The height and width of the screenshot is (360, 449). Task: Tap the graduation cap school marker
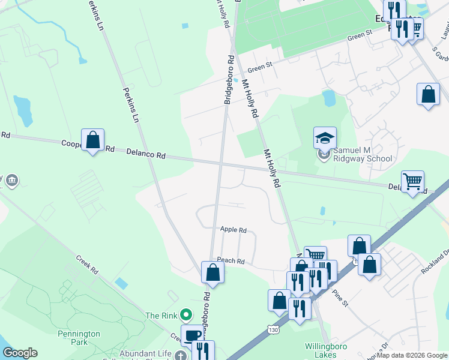point(325,139)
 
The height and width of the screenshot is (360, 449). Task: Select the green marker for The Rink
point(186,314)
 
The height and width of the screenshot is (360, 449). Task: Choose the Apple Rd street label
point(234,230)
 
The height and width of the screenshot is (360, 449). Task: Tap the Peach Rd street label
point(231,261)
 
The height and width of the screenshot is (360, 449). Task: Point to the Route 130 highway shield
point(274,330)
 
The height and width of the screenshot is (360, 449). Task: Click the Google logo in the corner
point(20,353)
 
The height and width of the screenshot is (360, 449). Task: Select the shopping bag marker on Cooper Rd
point(93,141)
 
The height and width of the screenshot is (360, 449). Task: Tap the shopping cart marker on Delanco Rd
point(412,181)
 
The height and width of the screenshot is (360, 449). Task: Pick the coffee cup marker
point(193,335)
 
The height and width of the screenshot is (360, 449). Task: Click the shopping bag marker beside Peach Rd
point(212,272)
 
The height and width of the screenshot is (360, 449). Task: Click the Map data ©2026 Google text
point(412,355)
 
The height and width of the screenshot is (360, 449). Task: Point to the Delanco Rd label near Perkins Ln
point(146,154)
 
